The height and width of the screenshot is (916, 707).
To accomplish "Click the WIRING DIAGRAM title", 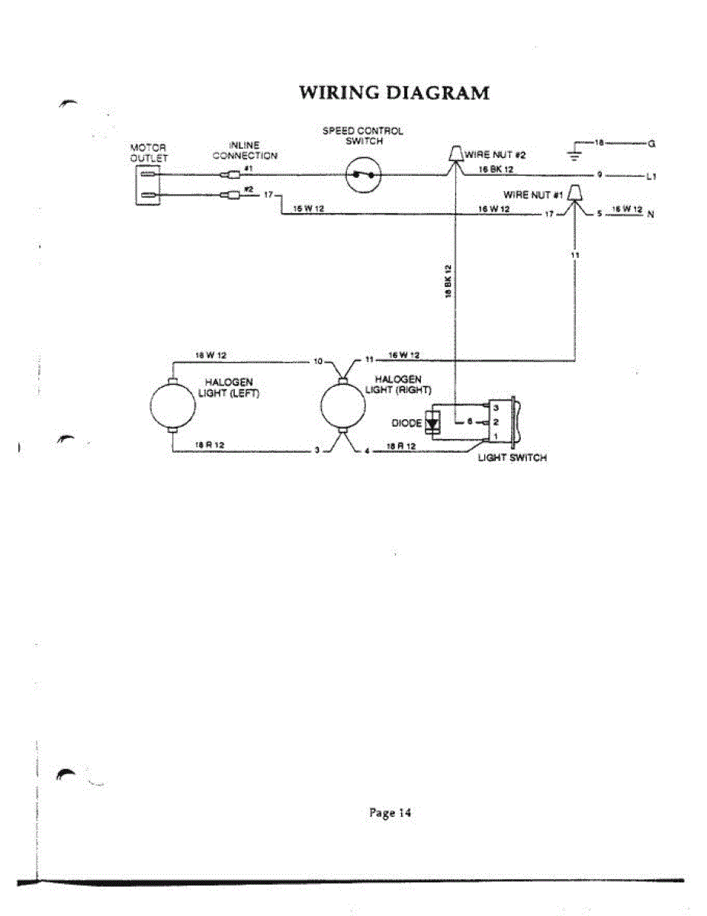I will [394, 93].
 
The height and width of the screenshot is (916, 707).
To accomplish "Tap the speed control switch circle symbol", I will [362, 176].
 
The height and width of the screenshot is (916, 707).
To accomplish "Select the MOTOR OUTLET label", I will [148, 153].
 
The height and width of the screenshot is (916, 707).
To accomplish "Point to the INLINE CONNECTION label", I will [245, 150].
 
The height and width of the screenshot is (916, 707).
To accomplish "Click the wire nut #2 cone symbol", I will [455, 153].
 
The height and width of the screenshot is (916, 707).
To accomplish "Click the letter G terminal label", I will [651, 144].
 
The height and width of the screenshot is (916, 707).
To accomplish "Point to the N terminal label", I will [651, 214].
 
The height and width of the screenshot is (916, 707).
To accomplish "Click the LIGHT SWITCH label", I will [512, 458].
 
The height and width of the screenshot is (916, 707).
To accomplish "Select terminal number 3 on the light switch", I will [496, 408].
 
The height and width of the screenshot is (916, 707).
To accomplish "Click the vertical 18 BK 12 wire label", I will [449, 282].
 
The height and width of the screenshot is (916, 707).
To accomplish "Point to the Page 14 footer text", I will [390, 813].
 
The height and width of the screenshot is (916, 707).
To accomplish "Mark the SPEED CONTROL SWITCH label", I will [362, 136].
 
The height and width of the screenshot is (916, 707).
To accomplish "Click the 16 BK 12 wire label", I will [496, 169].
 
